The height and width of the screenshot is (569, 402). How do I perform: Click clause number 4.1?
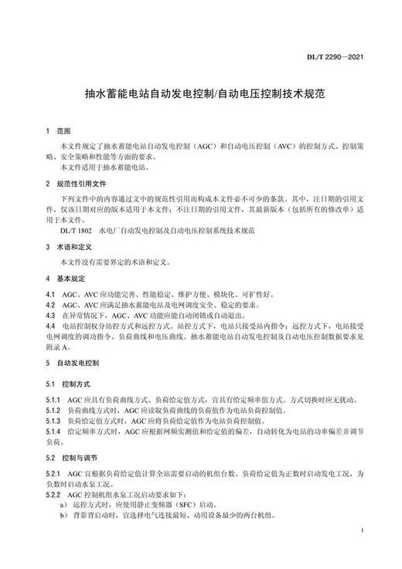pyautogui.click(x=50, y=295)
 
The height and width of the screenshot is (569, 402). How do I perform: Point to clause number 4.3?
pyautogui.click(x=50, y=316)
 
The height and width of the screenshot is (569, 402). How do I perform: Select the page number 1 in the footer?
pyautogui.click(x=362, y=532)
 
